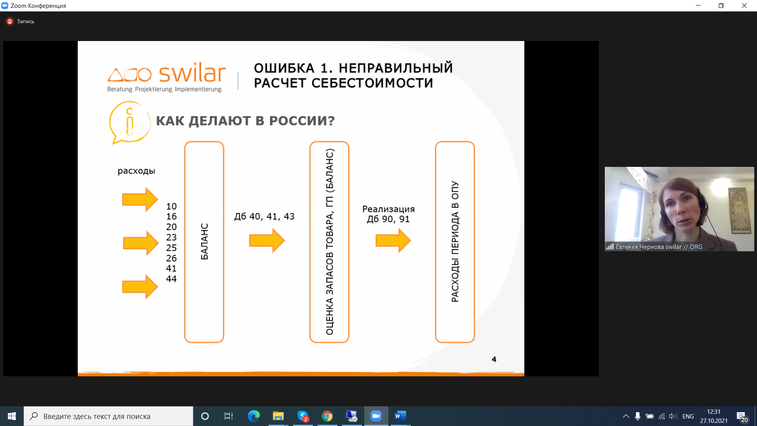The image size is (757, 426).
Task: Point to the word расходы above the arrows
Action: click(136, 171)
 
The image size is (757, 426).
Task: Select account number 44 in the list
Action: click(171, 279)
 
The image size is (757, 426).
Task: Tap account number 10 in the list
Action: click(171, 206)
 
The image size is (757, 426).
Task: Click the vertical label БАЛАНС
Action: click(204, 241)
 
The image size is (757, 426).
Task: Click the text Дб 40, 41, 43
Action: click(264, 217)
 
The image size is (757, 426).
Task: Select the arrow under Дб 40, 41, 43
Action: click(267, 240)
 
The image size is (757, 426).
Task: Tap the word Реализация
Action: click(388, 209)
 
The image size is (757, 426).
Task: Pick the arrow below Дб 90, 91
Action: click(393, 240)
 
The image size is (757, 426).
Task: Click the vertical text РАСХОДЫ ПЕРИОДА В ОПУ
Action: click(455, 242)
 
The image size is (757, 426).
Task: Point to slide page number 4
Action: click(494, 359)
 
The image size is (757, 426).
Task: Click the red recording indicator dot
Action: click(10, 21)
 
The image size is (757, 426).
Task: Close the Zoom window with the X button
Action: click(744, 6)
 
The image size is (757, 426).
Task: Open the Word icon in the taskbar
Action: click(400, 416)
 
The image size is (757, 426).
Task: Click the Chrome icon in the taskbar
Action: click(327, 416)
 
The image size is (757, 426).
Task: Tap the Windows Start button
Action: click(12, 416)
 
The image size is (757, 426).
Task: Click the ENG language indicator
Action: click(688, 416)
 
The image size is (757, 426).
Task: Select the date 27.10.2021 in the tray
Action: click(714, 421)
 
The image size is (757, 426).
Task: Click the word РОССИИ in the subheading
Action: click(302, 121)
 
